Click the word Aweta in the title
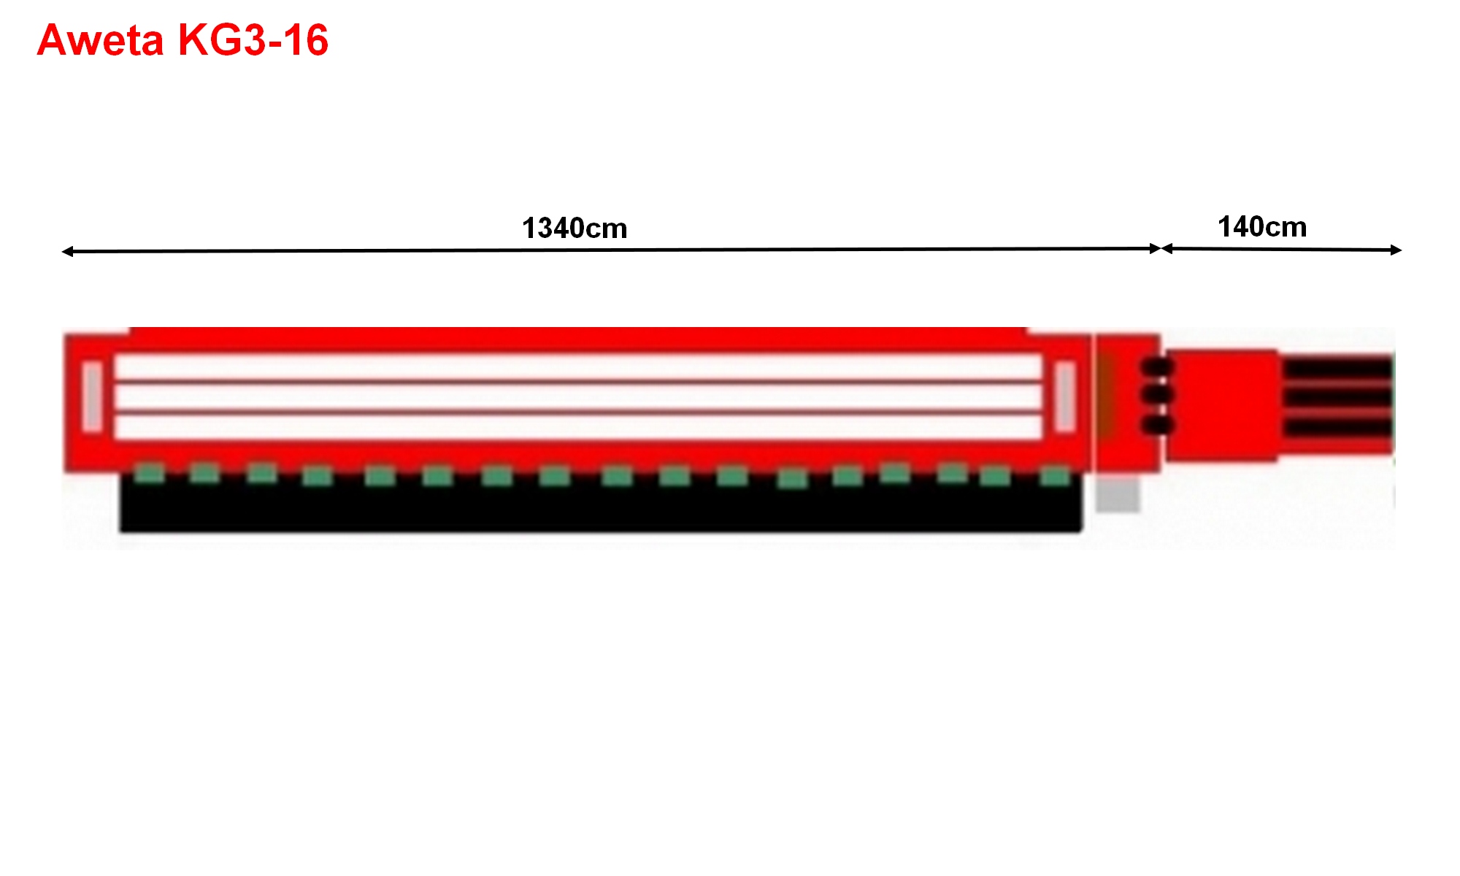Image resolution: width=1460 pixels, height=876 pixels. [100, 40]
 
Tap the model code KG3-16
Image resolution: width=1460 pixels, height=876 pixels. [253, 40]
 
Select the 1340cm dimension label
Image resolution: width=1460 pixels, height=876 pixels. [575, 228]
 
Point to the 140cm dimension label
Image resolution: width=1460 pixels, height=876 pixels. [1262, 227]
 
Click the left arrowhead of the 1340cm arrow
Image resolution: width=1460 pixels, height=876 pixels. [67, 252]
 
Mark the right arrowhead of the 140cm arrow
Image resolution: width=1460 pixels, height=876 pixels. [1396, 250]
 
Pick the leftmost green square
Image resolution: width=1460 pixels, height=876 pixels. [150, 473]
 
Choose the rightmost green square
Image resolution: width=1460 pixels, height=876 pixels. [1055, 477]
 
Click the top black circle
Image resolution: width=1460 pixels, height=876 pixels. [1157, 366]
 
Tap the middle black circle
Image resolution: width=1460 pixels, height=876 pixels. [1157, 395]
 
